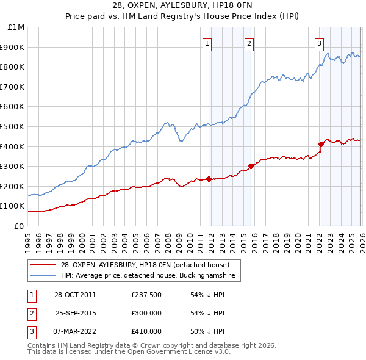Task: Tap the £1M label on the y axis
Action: [16, 27]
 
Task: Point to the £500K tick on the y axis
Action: [14, 127]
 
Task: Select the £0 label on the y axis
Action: [19, 226]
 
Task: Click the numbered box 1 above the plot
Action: [208, 43]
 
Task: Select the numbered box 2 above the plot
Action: [249, 43]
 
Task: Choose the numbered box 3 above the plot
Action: [319, 43]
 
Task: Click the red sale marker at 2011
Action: [209, 179]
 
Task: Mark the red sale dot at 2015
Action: [251, 166]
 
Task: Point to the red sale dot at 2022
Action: [321, 145]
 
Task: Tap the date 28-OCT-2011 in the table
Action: [75, 295]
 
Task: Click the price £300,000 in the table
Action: [146, 313]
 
